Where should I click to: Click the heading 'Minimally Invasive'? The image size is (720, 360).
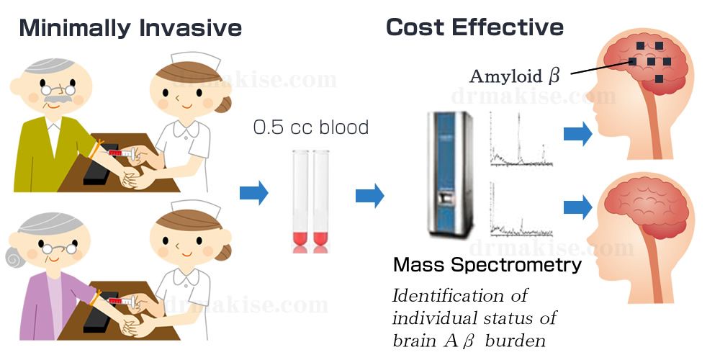(x=130, y=28)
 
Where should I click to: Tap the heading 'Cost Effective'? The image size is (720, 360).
(x=474, y=27)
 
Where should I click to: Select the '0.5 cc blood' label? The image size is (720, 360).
(x=310, y=127)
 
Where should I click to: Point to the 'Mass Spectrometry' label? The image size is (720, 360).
(x=487, y=265)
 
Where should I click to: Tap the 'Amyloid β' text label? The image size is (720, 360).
(x=514, y=75)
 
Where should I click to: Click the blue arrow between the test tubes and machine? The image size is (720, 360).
(x=369, y=194)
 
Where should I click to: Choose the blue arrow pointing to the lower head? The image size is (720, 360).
(x=577, y=208)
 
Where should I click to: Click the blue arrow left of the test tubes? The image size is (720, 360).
(x=253, y=193)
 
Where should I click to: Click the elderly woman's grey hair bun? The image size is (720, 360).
(x=14, y=256)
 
